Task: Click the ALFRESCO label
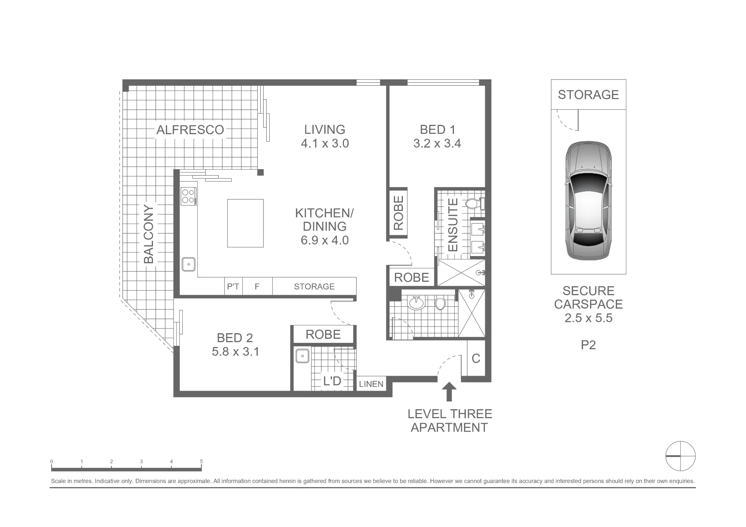click(x=190, y=130)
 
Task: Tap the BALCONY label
click(x=149, y=234)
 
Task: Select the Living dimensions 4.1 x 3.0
click(x=325, y=143)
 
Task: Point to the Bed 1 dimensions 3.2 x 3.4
click(x=437, y=143)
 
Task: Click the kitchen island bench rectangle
click(x=245, y=223)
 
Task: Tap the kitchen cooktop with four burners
click(x=188, y=196)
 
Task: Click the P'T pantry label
click(x=233, y=287)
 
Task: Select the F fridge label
click(x=257, y=287)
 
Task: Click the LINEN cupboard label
click(x=371, y=384)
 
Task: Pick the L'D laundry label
click(x=332, y=381)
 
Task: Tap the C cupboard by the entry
click(x=476, y=359)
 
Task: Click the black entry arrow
click(x=449, y=392)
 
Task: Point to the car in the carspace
click(x=589, y=201)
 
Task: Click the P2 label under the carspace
click(x=588, y=345)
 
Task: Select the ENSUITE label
click(x=452, y=225)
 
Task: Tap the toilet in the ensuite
click(x=475, y=204)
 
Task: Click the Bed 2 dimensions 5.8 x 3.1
click(x=235, y=351)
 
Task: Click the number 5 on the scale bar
click(x=201, y=461)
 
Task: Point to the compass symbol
click(x=681, y=456)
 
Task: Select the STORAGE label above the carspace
click(x=588, y=95)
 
